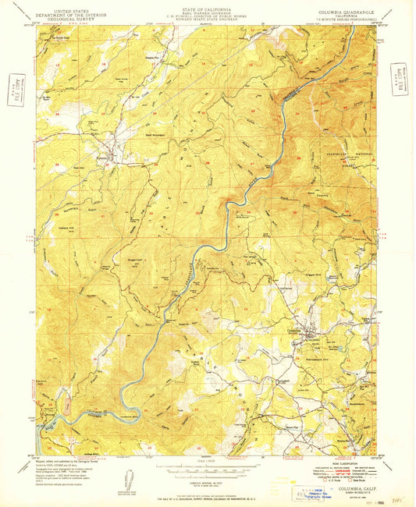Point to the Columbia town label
pos(294,329)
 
